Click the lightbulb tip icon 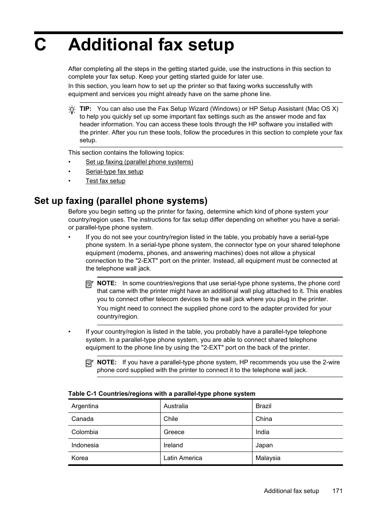pyautogui.click(x=72, y=110)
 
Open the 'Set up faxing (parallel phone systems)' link pyautogui.click(x=139, y=162)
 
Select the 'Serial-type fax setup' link pyautogui.click(x=114, y=172)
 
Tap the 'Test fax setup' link pyautogui.click(x=105, y=181)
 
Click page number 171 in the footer pyautogui.click(x=337, y=491)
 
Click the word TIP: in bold pyautogui.click(x=85, y=109)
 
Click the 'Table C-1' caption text pyautogui.click(x=162, y=394)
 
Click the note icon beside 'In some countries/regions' pyautogui.click(x=89, y=284)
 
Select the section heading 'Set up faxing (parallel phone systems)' pyautogui.click(x=121, y=201)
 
